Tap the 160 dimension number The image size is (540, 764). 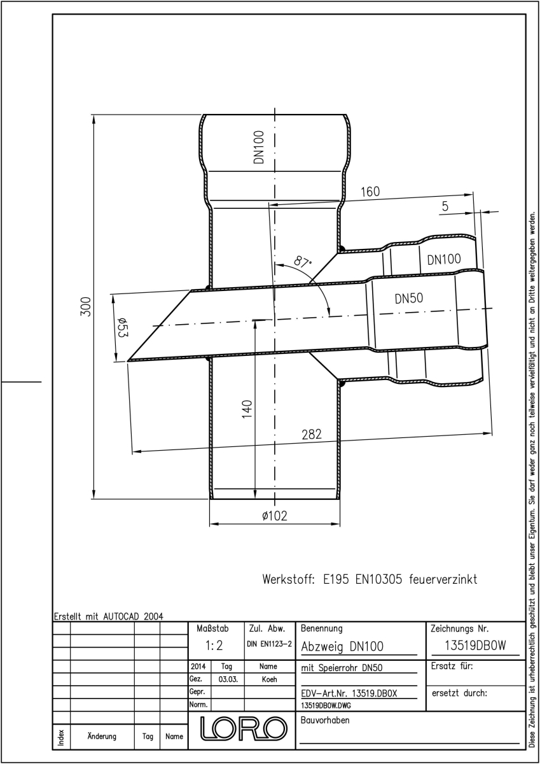click(x=370, y=192)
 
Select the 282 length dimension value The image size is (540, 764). click(x=312, y=434)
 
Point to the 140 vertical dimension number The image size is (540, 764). click(x=247, y=409)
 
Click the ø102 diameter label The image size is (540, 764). click(x=275, y=515)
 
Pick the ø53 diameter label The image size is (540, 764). click(x=123, y=327)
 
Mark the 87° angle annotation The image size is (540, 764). click(x=303, y=262)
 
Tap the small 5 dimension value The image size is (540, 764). click(x=445, y=206)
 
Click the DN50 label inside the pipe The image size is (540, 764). click(x=409, y=299)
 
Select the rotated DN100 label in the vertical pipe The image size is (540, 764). click(x=260, y=147)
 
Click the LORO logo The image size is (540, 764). click(x=243, y=728)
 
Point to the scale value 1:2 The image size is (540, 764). click(x=214, y=646)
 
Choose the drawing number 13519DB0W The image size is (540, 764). click(x=475, y=646)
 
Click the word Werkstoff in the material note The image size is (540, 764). click(x=288, y=579)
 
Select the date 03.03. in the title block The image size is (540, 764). click(x=228, y=679)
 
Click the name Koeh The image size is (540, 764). click(x=269, y=679)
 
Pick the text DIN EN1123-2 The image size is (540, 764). click(x=269, y=644)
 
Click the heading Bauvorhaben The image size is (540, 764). click(x=325, y=720)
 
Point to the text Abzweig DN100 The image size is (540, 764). click(x=342, y=646)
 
